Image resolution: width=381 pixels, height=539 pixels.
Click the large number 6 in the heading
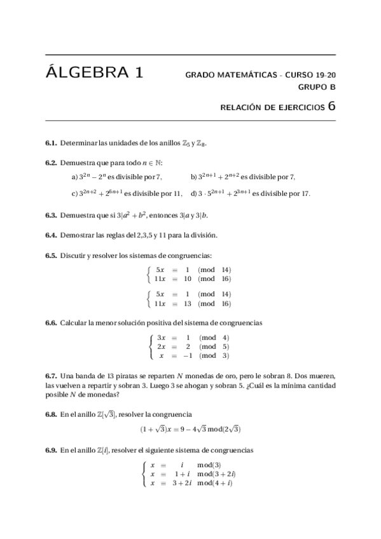(x=331, y=106)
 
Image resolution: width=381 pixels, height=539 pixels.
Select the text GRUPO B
(x=317, y=87)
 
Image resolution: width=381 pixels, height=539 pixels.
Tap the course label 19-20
(x=324, y=75)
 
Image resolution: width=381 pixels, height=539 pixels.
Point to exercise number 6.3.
(x=51, y=215)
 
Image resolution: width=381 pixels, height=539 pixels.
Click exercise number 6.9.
(x=51, y=450)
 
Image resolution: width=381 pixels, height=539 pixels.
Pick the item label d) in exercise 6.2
(x=193, y=193)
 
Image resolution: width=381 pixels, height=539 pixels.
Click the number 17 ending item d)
(x=305, y=193)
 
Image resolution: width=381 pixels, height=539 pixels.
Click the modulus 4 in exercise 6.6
(x=226, y=337)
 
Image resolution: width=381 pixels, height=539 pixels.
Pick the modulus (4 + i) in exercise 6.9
(x=223, y=483)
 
